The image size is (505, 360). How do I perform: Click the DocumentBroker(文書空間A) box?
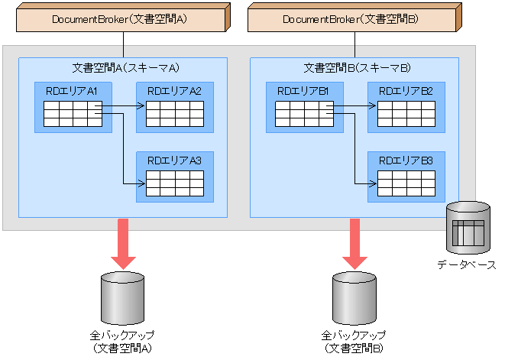(121, 18)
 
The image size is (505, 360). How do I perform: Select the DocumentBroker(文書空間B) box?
(352, 18)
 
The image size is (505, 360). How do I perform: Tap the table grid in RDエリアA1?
(73, 113)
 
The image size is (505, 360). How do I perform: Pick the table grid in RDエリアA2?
(175, 113)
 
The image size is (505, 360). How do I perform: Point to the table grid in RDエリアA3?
(175, 183)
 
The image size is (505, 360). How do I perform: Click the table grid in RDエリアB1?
(304, 113)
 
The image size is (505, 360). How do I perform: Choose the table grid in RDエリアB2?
(406, 113)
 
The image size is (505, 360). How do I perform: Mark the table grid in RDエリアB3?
(406, 183)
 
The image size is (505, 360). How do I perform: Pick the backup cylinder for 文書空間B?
(353, 297)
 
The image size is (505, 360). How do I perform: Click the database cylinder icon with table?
(467, 229)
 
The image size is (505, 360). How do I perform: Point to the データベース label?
(467, 264)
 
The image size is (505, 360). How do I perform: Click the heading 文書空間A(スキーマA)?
(121, 67)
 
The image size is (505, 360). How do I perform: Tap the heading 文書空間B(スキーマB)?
(354, 67)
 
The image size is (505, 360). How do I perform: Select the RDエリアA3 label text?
(174, 161)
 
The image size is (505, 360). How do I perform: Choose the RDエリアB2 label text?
(406, 91)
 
